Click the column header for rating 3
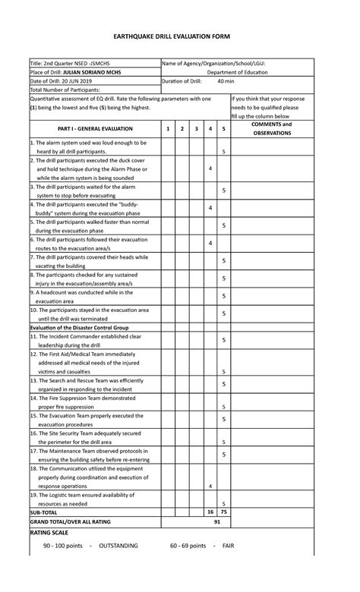pyautogui.click(x=196, y=129)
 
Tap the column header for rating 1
pyautogui.click(x=168, y=129)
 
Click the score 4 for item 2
pyautogui.click(x=210, y=168)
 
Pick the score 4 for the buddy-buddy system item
pyautogui.click(x=210, y=208)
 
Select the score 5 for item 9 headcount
pyautogui.click(x=223, y=297)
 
